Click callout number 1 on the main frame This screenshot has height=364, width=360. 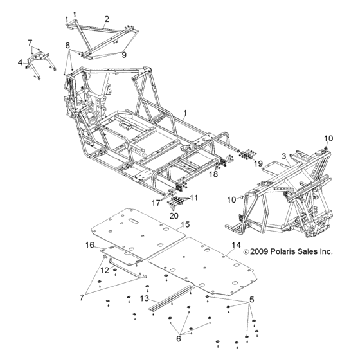[x=184, y=113]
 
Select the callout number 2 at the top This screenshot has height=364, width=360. [x=107, y=19]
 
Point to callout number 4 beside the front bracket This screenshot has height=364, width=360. [x=19, y=62]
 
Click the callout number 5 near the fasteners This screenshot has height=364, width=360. [x=251, y=300]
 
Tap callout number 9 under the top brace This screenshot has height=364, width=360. [x=123, y=55]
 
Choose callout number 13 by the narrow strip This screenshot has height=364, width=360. [x=145, y=299]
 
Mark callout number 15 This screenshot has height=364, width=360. [x=184, y=224]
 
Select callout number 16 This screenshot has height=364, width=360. [x=90, y=245]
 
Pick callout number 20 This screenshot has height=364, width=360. [x=174, y=215]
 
